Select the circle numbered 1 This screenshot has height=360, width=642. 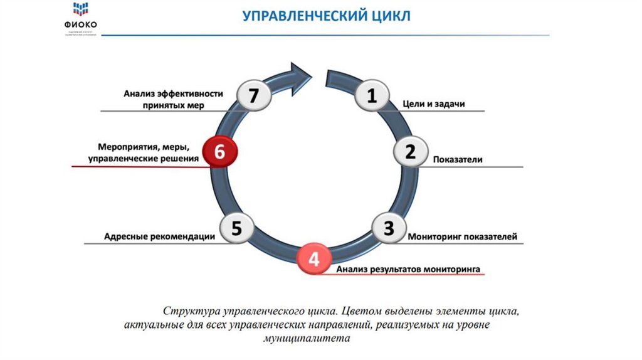[371, 97]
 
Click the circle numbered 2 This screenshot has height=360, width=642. [410, 151]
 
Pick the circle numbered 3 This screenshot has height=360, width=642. [389, 229]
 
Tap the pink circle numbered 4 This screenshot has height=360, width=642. [314, 258]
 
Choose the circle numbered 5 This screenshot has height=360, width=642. [236, 229]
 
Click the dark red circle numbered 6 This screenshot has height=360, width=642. [219, 151]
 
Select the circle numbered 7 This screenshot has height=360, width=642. [253, 97]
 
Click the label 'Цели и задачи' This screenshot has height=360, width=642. [433, 104]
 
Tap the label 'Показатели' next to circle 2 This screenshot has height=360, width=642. [458, 159]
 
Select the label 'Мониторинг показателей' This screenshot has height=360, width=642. [462, 237]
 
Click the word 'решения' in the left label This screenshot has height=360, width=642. [181, 159]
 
